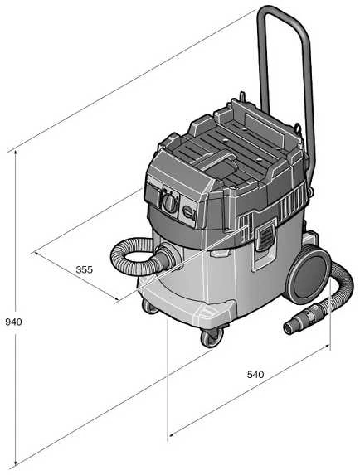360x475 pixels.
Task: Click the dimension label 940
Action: click(13, 322)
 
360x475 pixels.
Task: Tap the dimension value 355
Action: click(84, 269)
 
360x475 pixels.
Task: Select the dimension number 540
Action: click(255, 375)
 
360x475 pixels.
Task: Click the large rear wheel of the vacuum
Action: click(309, 274)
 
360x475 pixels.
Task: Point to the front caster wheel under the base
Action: click(212, 337)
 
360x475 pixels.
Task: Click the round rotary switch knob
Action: click(169, 201)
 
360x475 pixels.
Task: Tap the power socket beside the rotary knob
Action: click(188, 211)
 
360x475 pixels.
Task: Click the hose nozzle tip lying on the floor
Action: click(291, 327)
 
